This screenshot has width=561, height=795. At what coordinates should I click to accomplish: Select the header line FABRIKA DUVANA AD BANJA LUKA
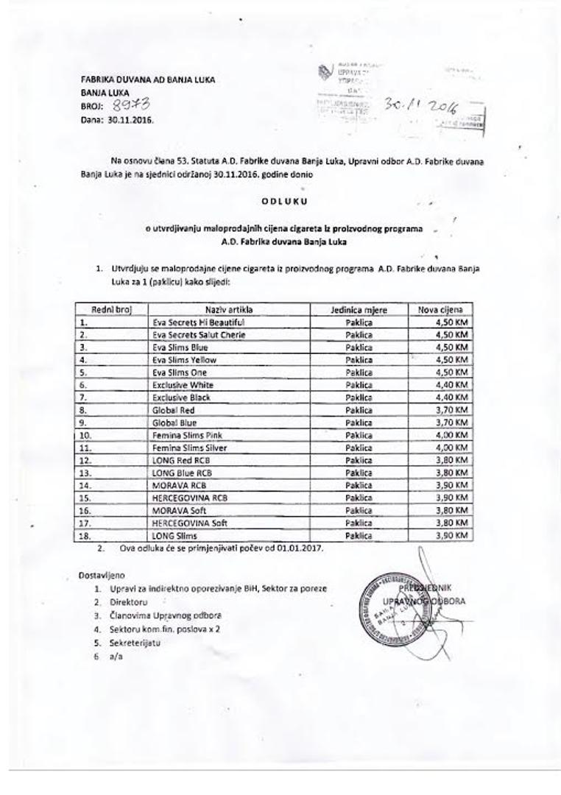(148, 79)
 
